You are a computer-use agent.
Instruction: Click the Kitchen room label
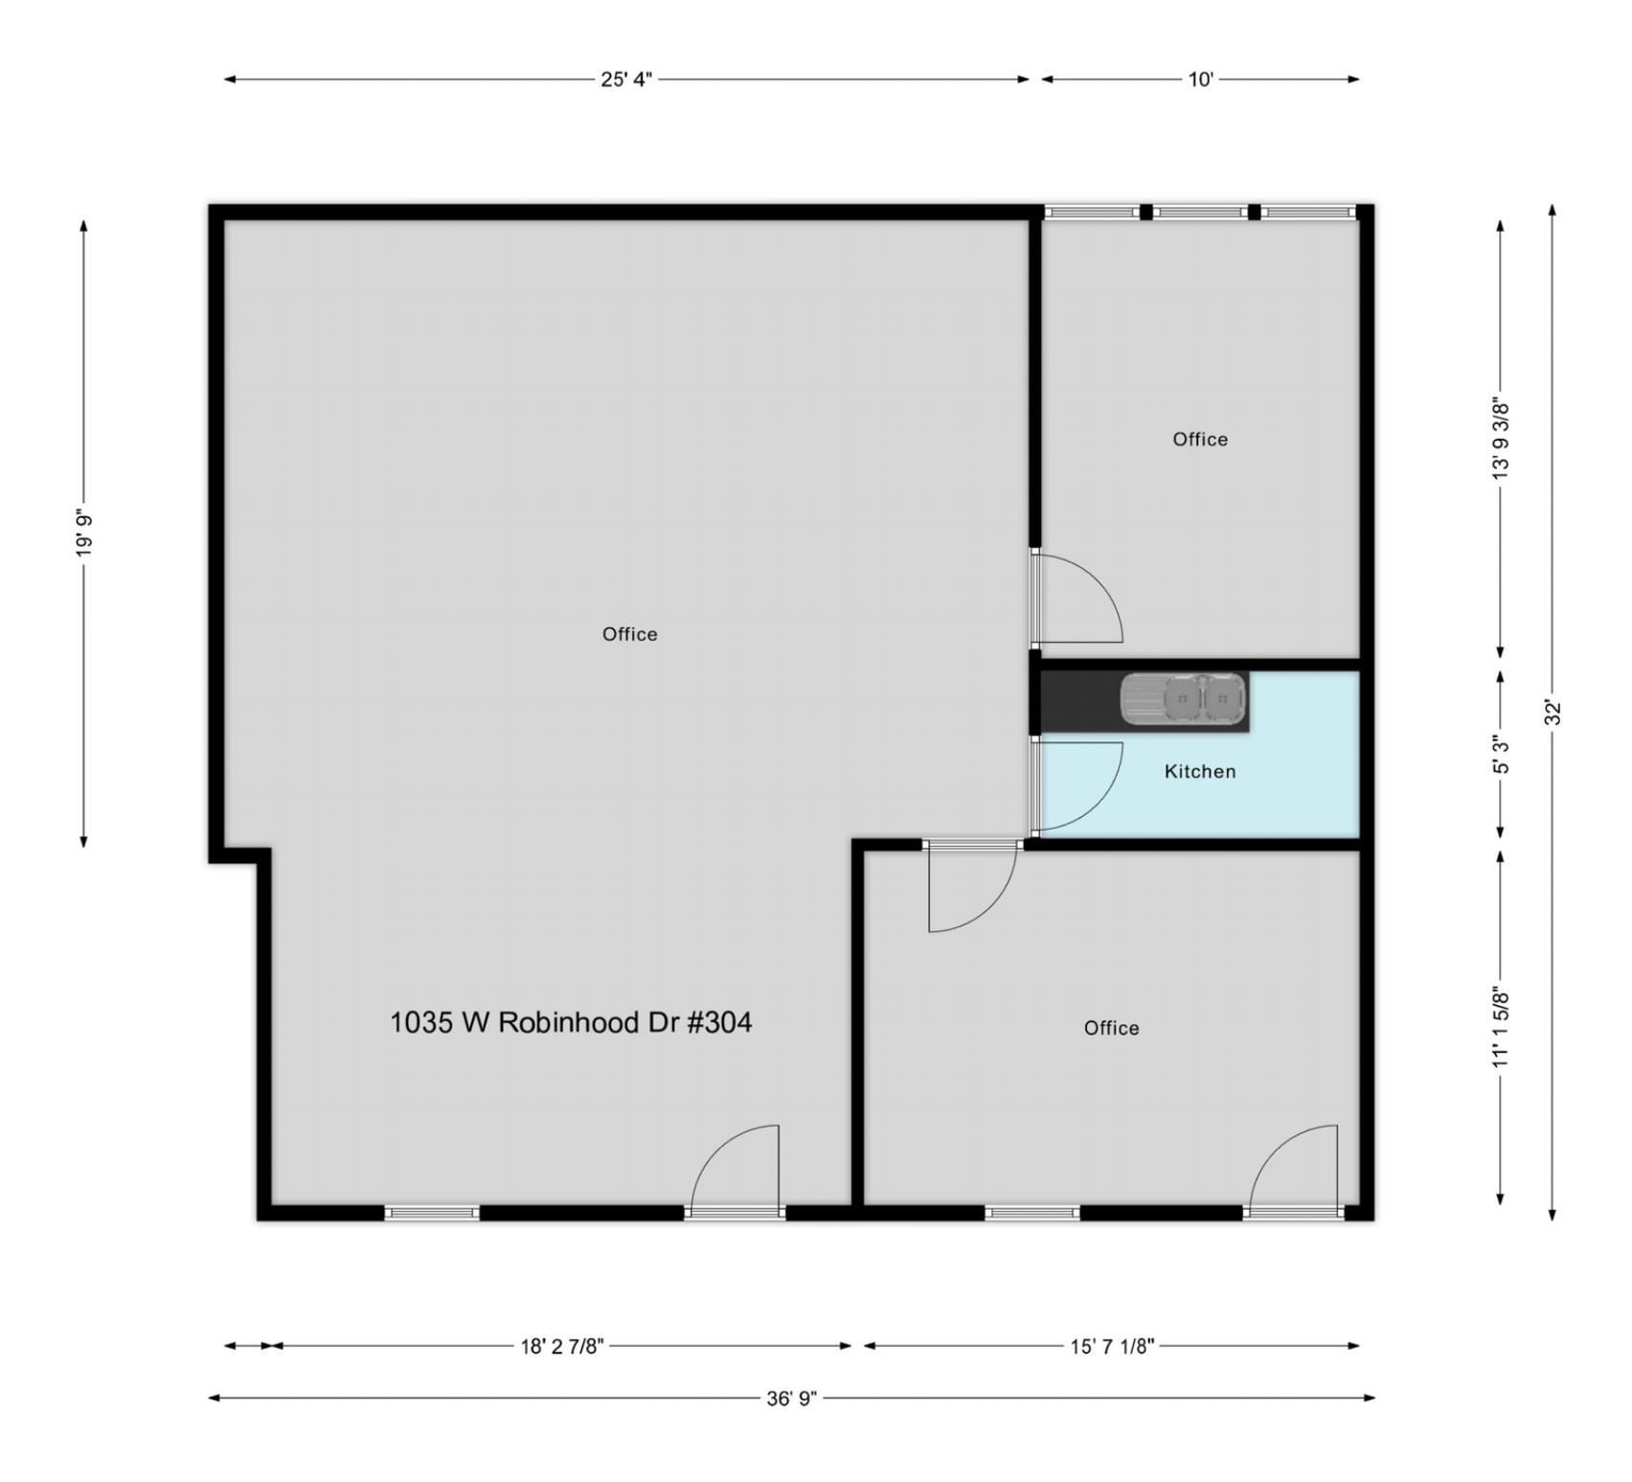pos(1199,771)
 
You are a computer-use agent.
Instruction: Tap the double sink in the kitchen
pos(1184,698)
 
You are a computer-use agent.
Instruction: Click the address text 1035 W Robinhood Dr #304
pos(571,1022)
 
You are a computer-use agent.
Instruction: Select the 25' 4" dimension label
pos(625,80)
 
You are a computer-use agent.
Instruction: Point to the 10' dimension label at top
pos(1200,80)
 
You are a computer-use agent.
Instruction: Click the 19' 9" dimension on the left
pos(84,533)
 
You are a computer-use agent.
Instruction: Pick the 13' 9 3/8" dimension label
pos(1501,438)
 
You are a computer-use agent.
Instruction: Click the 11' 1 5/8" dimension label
pos(1501,1026)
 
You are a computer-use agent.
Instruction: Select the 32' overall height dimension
pos(1553,712)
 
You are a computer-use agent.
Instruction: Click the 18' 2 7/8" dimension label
pos(562,1346)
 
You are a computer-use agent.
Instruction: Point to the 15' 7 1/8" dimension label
pos(1112,1346)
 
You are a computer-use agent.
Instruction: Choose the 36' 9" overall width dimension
pos(791,1398)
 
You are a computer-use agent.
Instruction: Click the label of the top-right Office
pos(1199,439)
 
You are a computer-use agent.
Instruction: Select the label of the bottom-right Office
pos(1111,1028)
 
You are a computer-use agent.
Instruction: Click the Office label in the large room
pos(629,634)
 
